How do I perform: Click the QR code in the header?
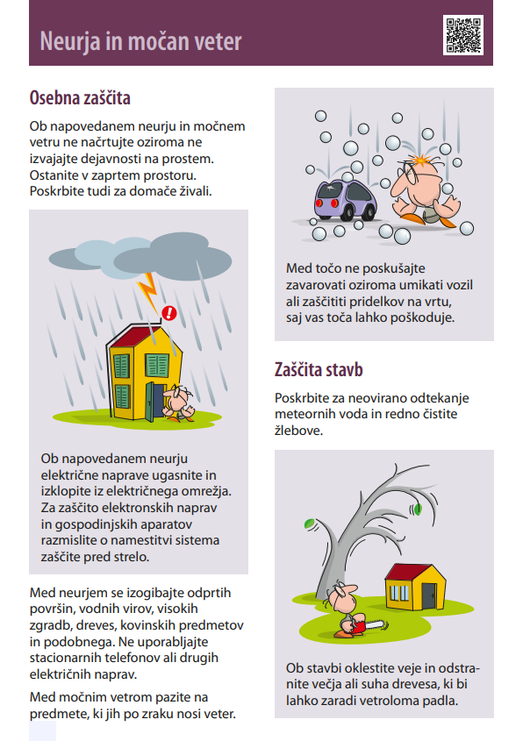click(x=463, y=35)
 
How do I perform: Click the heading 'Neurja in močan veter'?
click(x=140, y=41)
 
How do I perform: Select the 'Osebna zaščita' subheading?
click(x=80, y=97)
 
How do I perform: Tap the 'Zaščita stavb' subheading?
click(x=319, y=369)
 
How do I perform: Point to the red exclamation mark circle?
click(x=170, y=312)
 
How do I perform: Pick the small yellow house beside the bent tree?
click(x=412, y=588)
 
